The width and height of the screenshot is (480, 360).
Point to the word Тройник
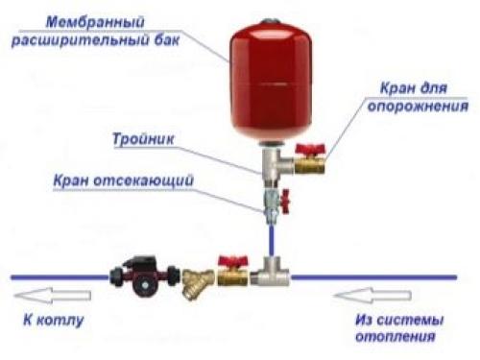click(141, 136)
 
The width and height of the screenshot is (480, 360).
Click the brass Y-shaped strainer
click(193, 279)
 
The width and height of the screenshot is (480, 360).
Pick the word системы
click(420, 321)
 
